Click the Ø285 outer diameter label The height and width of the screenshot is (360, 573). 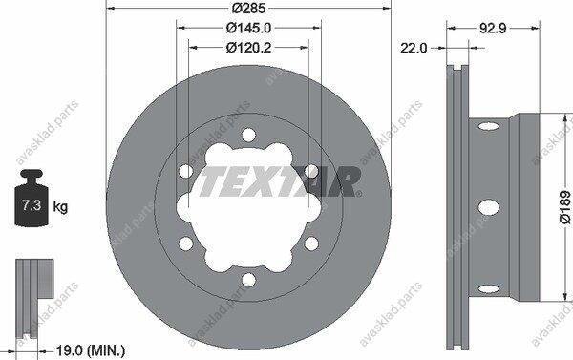pyautogui.click(x=248, y=8)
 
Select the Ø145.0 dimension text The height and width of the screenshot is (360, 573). pyautogui.click(x=248, y=28)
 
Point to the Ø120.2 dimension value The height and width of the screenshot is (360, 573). pyautogui.click(x=248, y=48)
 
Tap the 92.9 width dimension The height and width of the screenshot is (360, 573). pyautogui.click(x=493, y=28)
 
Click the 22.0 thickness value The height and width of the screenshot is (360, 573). pyautogui.click(x=414, y=48)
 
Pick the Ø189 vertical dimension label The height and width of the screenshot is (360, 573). pyautogui.click(x=565, y=207)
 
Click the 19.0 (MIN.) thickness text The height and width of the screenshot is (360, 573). pyautogui.click(x=91, y=351)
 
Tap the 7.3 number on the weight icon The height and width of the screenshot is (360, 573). pyautogui.click(x=32, y=205)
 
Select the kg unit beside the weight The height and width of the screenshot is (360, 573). pyautogui.click(x=60, y=207)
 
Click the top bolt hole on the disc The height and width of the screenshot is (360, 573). pyautogui.click(x=248, y=136)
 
